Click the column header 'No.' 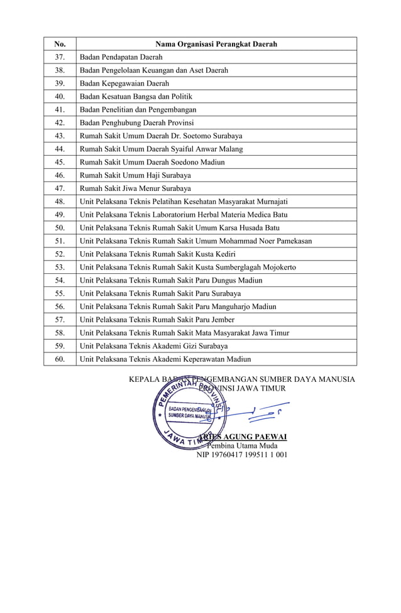pyautogui.click(x=60, y=44)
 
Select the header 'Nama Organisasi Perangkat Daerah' pyautogui.click(x=216, y=44)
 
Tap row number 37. pyautogui.click(x=60, y=57)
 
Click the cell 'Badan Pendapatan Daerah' pyautogui.click(x=121, y=57)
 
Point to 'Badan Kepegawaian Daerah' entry pyautogui.click(x=124, y=84)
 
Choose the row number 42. pyautogui.click(x=60, y=122)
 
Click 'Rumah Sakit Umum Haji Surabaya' pyautogui.click(x=135, y=175)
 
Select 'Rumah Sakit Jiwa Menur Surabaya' pyautogui.click(x=135, y=188)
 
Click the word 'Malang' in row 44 pyautogui.click(x=230, y=149)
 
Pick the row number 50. pyautogui.click(x=60, y=228)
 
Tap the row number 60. pyautogui.click(x=60, y=359)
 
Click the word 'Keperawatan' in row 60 pyautogui.click(x=204, y=359)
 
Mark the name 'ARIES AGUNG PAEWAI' pyautogui.click(x=243, y=437)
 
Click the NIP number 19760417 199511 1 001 pyautogui.click(x=242, y=454)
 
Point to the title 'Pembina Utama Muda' pyautogui.click(x=242, y=445)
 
